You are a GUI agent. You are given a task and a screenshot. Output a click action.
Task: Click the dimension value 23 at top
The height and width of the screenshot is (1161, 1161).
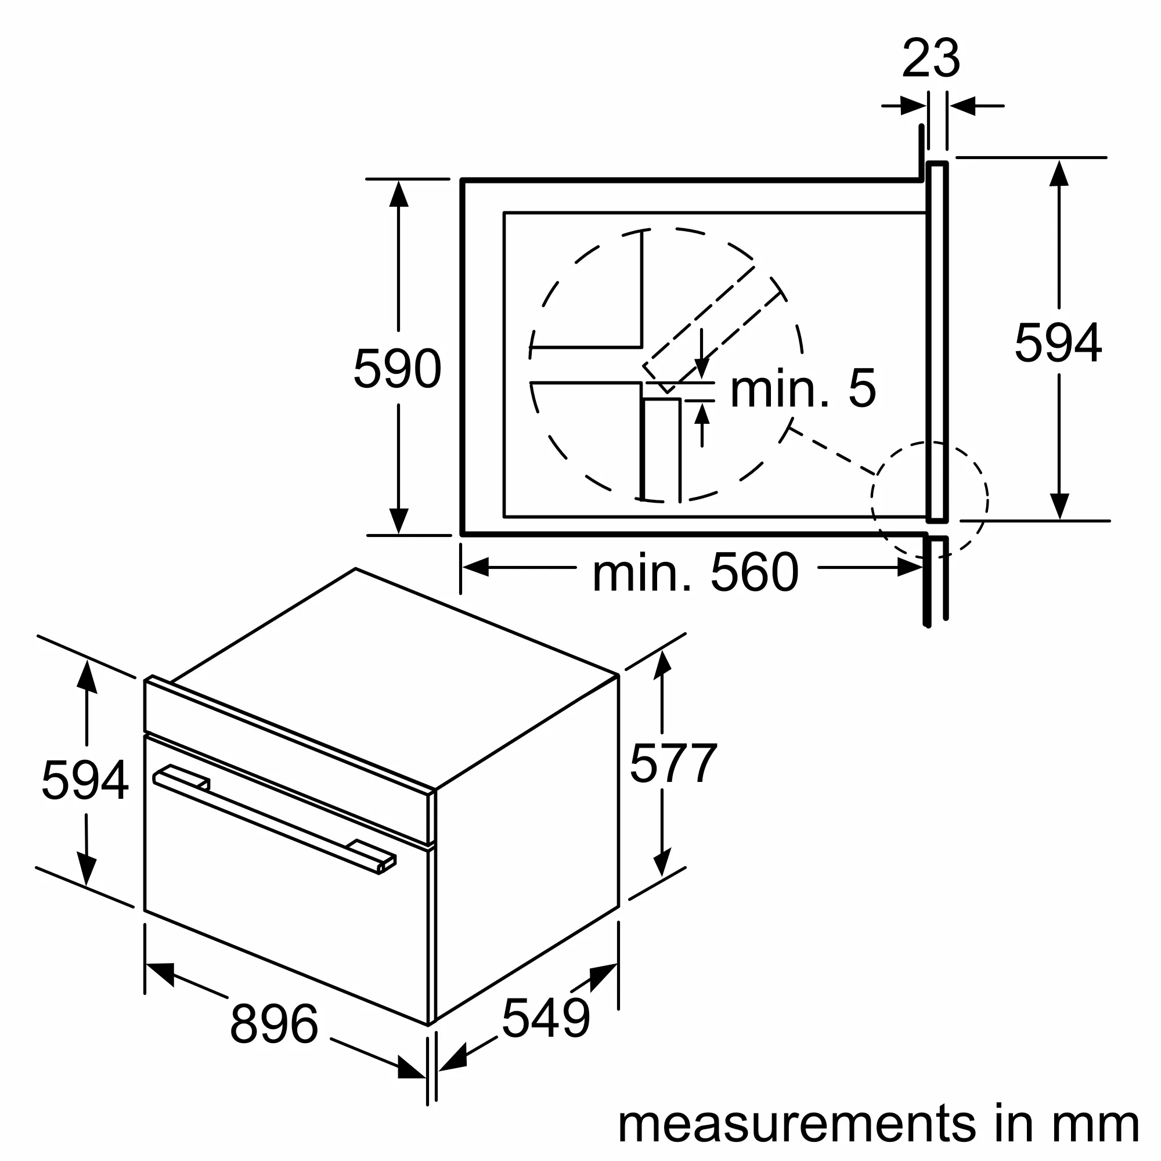click(931, 58)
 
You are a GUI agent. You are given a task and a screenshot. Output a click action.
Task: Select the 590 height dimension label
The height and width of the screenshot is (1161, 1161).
click(397, 369)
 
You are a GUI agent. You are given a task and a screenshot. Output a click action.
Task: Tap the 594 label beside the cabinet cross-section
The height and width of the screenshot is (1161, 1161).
click(1058, 343)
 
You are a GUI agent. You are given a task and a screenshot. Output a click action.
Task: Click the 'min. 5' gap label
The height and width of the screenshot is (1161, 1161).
click(803, 389)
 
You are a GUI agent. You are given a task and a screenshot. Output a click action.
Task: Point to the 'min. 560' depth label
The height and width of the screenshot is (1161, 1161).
click(695, 574)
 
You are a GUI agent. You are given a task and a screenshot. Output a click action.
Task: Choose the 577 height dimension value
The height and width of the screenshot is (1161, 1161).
click(673, 763)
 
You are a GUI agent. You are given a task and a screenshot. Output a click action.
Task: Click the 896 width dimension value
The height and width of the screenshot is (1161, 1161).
click(273, 1024)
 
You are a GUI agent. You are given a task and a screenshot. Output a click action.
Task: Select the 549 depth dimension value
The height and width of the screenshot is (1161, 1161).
click(546, 1018)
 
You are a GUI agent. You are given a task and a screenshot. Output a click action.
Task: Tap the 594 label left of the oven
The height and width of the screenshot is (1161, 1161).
click(85, 780)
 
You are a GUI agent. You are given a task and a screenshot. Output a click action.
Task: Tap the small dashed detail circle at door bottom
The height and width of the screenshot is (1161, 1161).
click(929, 499)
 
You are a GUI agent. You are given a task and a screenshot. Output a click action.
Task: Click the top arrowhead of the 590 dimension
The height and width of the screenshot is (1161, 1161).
click(398, 194)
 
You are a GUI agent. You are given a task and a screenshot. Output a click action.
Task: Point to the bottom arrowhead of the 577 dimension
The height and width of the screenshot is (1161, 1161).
click(662, 863)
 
